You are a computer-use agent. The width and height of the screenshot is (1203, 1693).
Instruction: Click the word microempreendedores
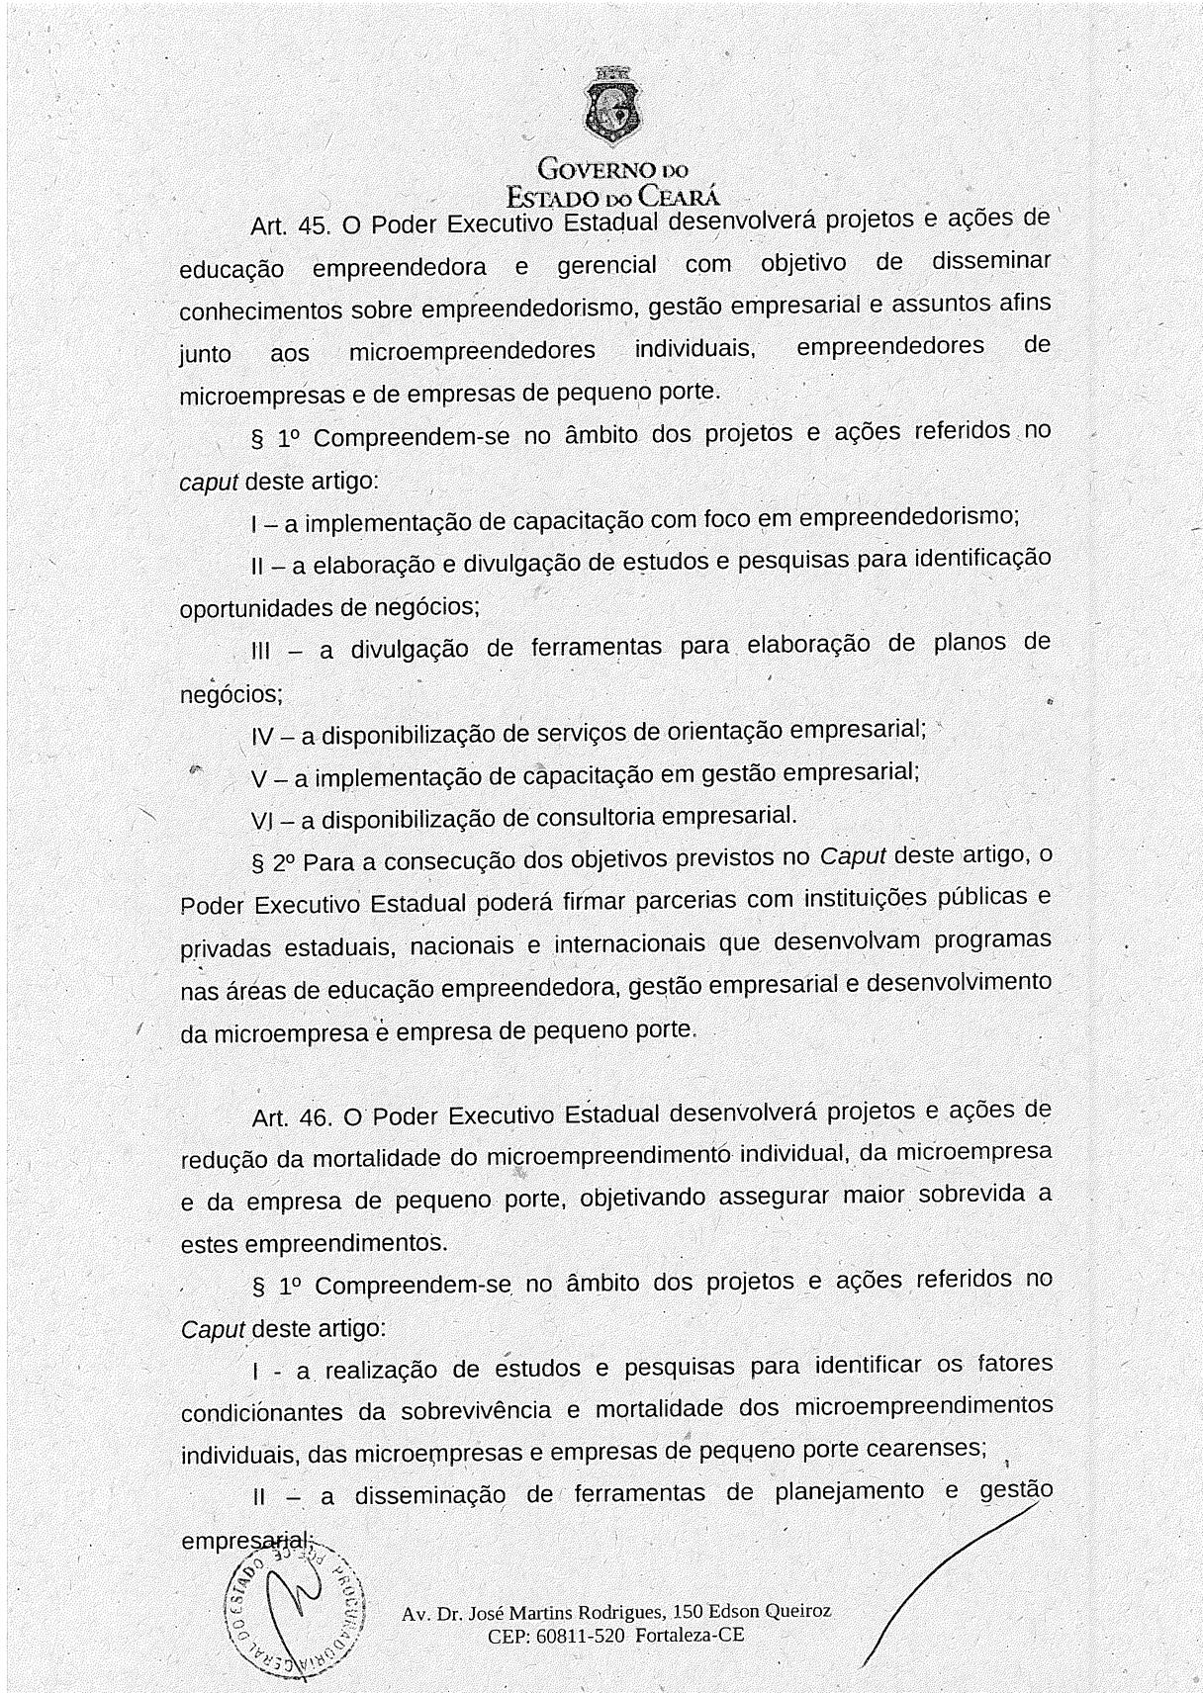tap(472, 351)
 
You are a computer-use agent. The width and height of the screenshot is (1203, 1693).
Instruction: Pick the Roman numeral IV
tap(263, 737)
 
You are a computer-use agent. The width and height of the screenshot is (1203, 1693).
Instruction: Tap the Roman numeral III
tap(262, 651)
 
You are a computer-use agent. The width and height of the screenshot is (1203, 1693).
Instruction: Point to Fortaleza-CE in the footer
tap(690, 1636)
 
